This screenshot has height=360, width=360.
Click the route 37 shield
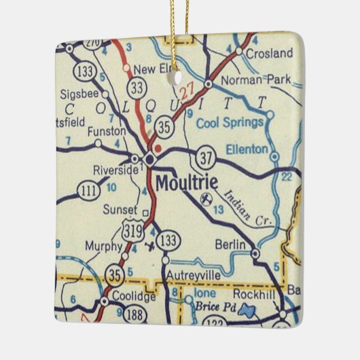(x=204, y=158)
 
